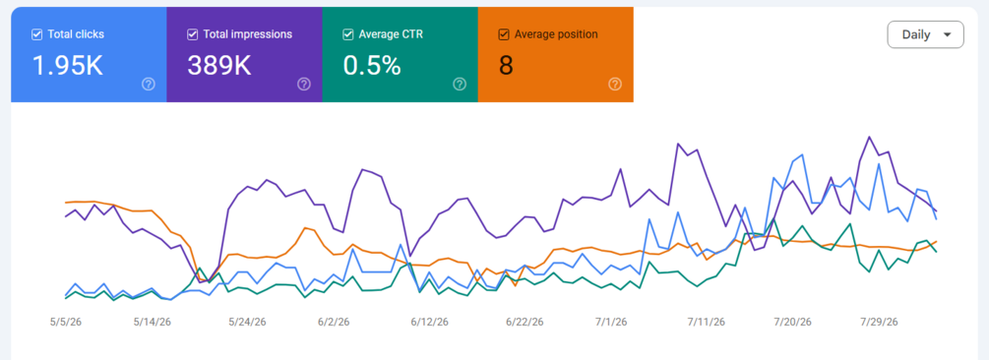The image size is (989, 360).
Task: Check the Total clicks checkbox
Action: (36, 34)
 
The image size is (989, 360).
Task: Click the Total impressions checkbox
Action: (192, 34)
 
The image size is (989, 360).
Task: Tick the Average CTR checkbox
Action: (347, 34)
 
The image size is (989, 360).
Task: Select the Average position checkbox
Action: (503, 34)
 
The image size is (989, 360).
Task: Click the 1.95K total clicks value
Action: (68, 66)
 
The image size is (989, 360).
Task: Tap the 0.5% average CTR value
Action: (372, 66)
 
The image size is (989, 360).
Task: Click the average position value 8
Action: (506, 66)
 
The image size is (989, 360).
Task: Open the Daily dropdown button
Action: (925, 34)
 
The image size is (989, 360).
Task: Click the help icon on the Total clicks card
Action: (149, 84)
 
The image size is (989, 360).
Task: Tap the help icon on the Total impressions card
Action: (304, 84)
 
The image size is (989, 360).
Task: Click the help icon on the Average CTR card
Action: (460, 84)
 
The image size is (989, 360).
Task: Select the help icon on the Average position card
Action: (615, 84)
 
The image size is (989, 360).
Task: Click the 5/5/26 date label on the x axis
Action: (66, 323)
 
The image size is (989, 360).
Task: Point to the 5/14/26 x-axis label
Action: (152, 323)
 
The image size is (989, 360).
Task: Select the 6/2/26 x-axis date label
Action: (333, 323)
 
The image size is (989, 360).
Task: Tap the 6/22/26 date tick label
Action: (525, 323)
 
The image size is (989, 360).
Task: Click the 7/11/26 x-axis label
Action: (707, 323)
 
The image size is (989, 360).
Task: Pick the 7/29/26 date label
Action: (879, 323)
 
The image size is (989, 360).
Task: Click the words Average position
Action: (556, 34)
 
